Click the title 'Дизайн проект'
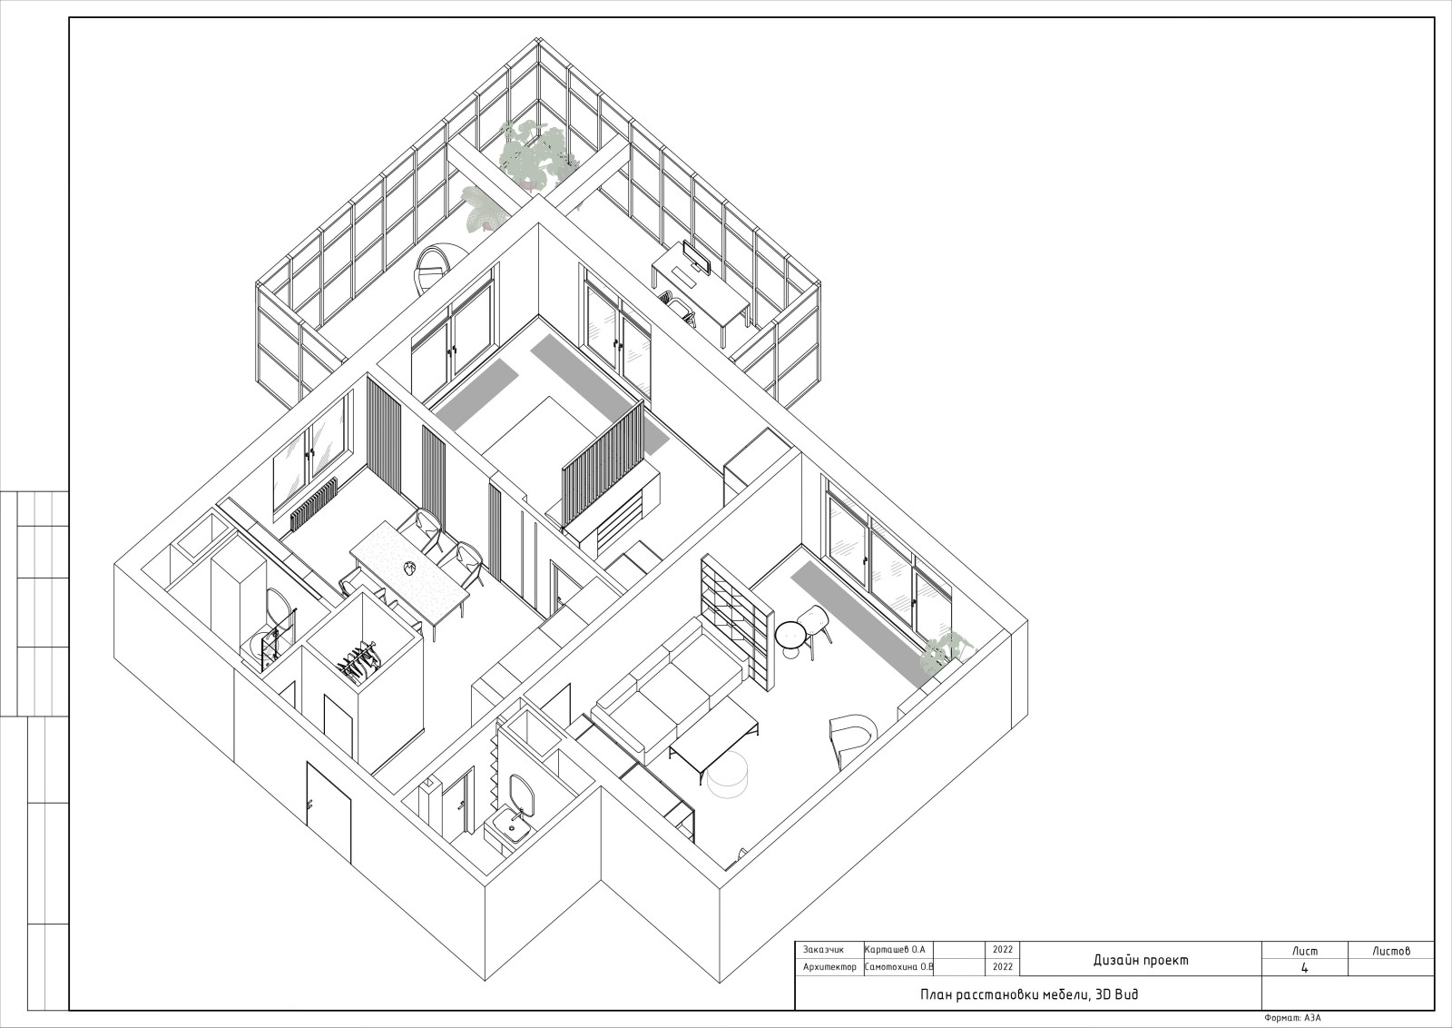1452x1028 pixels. [1141, 960]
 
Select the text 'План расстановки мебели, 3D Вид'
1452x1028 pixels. [1029, 994]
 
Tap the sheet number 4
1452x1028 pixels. [1305, 968]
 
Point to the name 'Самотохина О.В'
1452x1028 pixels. [899, 966]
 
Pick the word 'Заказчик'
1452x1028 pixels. [823, 950]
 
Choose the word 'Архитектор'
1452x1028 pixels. [829, 967]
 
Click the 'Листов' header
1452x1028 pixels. [1391, 951]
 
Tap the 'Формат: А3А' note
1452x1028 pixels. [1292, 1018]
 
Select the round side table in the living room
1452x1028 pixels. [790, 638]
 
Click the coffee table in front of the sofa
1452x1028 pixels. [715, 743]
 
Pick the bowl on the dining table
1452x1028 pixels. [410, 568]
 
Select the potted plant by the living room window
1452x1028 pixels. [947, 651]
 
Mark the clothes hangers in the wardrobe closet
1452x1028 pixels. [358, 661]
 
